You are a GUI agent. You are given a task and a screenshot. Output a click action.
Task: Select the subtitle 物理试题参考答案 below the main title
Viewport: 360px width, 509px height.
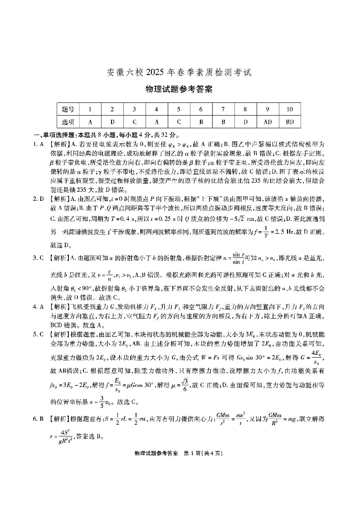coord(180,89)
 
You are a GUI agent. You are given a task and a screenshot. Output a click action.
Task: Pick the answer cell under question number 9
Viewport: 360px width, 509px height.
coord(268,122)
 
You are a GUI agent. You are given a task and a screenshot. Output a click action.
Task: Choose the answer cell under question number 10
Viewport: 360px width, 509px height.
coord(290,122)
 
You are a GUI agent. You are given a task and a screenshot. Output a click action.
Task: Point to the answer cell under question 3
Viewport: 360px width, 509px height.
coord(135,122)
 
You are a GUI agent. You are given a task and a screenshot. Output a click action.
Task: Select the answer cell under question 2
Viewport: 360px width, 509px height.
coord(112,122)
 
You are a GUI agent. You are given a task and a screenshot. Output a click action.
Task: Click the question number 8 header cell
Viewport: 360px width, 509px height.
coord(245,109)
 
